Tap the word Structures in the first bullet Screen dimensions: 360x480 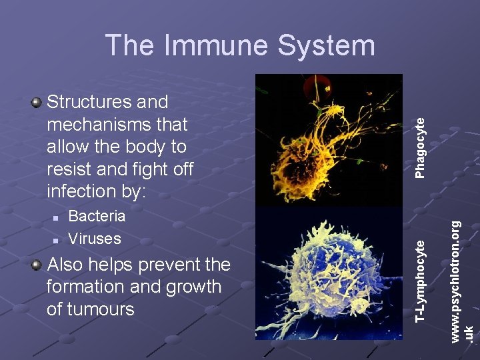[90, 102]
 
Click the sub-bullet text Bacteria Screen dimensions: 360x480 [97, 216]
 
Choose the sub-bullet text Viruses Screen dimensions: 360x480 [95, 239]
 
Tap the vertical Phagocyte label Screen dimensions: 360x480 [420, 147]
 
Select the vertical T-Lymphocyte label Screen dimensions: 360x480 [420, 281]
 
